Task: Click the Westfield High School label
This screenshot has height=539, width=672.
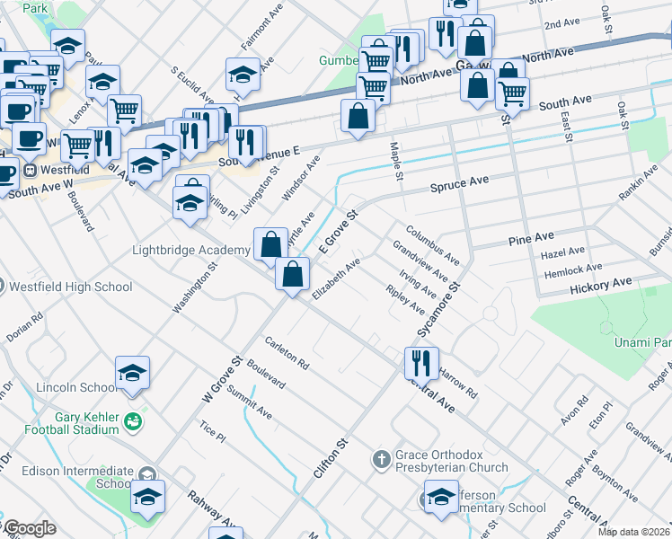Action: click(70, 287)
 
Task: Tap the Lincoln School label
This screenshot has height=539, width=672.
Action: click(76, 388)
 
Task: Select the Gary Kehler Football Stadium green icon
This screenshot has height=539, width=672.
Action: click(133, 420)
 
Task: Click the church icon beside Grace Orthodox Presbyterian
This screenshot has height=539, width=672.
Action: click(381, 459)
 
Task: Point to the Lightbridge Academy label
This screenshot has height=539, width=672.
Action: click(190, 250)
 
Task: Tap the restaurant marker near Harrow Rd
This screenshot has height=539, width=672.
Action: click(420, 363)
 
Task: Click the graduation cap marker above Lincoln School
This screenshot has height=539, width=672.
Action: click(132, 373)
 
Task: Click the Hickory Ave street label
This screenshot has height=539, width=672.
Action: click(601, 284)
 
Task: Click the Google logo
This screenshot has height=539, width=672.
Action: click(29, 528)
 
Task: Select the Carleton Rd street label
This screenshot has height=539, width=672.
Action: click(286, 354)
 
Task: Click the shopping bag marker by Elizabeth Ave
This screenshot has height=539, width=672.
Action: click(293, 273)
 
